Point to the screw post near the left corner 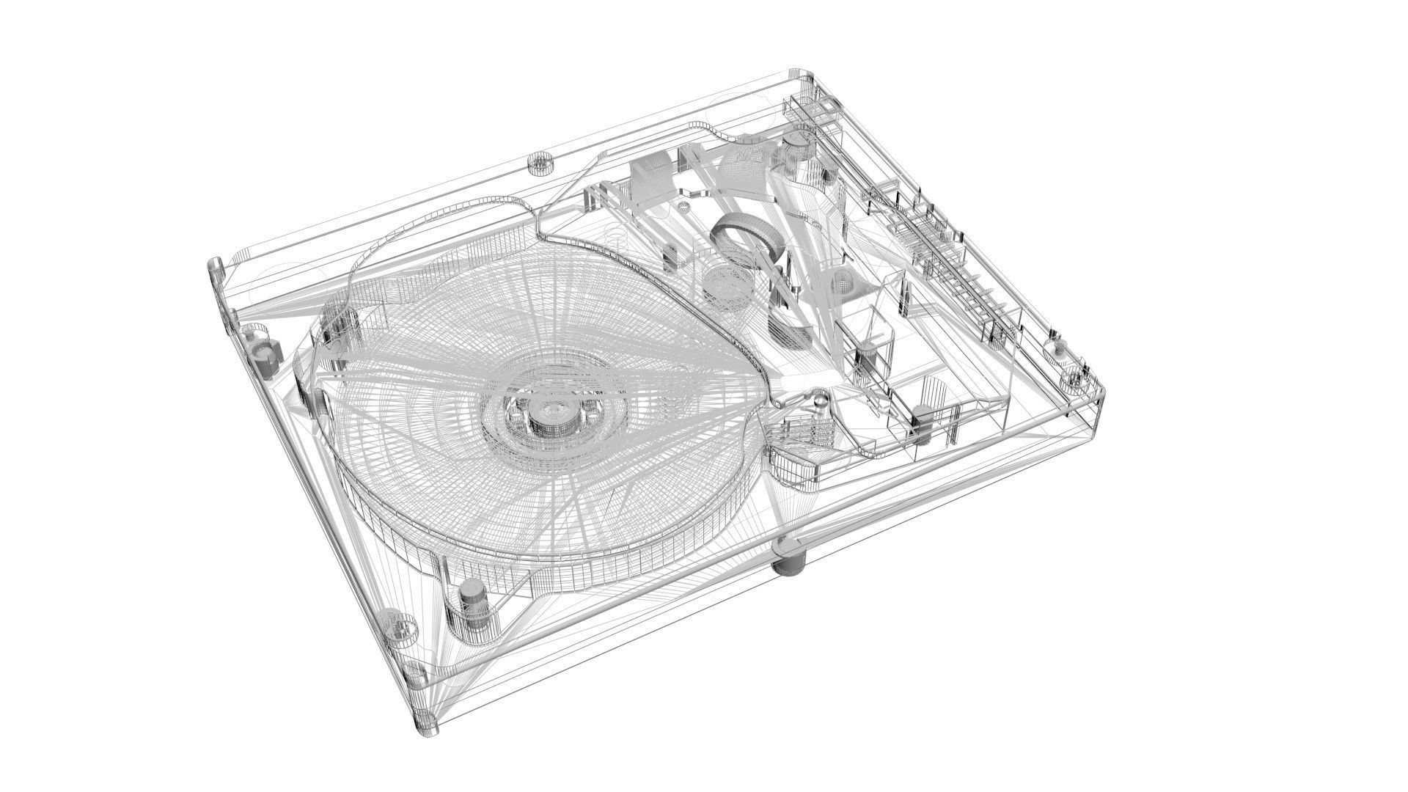click(263, 355)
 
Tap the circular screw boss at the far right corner click(1072, 379)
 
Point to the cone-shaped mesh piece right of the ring click(843, 282)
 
